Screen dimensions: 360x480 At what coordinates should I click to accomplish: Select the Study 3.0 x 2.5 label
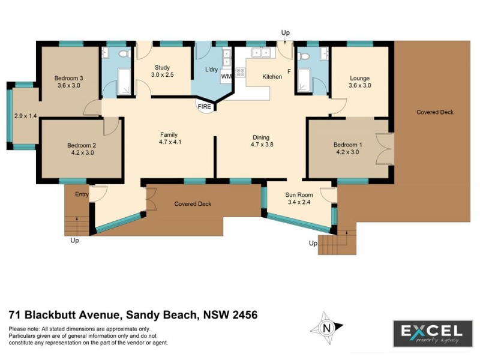(163, 71)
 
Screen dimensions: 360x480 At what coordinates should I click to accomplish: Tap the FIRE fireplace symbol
(204, 107)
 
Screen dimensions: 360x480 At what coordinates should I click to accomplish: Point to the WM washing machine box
(226, 77)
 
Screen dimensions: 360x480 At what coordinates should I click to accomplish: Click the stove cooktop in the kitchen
(241, 73)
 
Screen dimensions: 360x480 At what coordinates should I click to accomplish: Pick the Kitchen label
(272, 77)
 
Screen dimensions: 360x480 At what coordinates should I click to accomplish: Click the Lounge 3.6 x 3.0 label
(360, 82)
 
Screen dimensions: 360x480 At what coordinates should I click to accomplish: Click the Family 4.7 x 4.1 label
(169, 138)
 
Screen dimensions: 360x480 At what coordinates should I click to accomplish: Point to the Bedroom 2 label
(82, 149)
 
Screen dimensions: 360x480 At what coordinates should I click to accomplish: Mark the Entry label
(82, 194)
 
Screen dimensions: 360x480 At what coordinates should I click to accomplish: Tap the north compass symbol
(327, 328)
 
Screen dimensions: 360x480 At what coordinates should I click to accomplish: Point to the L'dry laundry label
(211, 70)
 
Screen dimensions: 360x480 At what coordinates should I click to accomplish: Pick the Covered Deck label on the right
(435, 112)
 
